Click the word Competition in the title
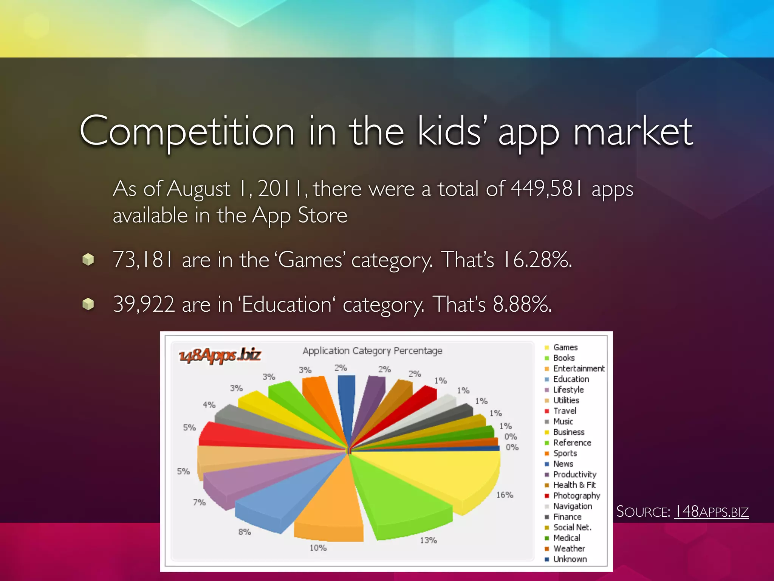pos(187,131)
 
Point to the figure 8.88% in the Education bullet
pos(522,304)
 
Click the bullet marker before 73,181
pos(88,259)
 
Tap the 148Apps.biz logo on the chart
pos(220,355)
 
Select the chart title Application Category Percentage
pos(372,351)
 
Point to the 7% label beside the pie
pos(199,502)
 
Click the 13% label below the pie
pos(428,540)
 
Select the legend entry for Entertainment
pos(578,368)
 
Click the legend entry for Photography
pos(576,496)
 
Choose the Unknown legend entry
pos(570,559)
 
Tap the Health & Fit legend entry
pos(574,485)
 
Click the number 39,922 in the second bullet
pos(144,304)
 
